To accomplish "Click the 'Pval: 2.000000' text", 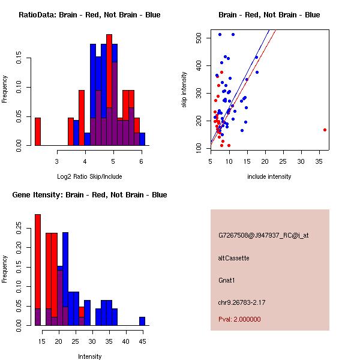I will (239, 319).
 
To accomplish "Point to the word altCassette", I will (233, 258).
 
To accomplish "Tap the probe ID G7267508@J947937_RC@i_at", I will (263, 236).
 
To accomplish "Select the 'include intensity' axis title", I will (269, 176).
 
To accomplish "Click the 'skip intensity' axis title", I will (184, 90).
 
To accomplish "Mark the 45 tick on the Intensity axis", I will (142, 341).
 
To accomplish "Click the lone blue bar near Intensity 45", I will (142, 321).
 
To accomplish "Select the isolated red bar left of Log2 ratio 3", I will (38, 131).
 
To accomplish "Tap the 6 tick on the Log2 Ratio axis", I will (142, 161).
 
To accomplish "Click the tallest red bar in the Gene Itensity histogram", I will (38, 270).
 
